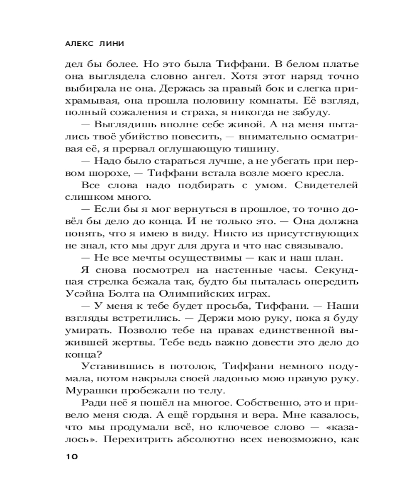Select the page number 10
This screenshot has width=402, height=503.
coord(70,456)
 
